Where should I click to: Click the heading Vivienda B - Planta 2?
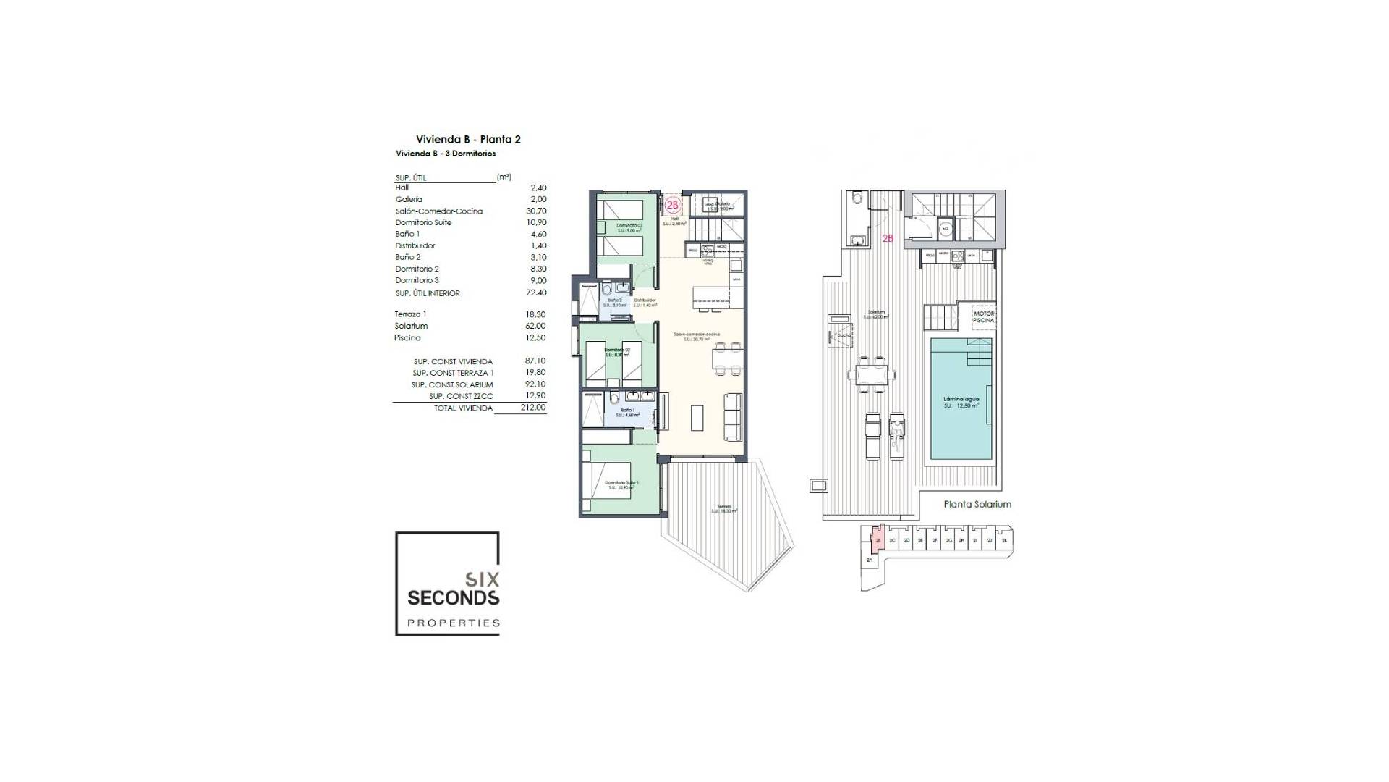point(468,139)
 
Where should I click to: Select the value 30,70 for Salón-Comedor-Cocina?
point(538,211)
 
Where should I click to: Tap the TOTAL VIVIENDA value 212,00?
point(533,408)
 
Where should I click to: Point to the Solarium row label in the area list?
point(411,326)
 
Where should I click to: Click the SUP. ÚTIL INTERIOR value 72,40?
point(538,293)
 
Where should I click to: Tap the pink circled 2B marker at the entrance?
point(673,205)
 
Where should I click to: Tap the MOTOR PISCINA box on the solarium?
point(983,317)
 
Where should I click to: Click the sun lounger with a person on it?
point(897,436)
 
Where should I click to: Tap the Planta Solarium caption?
point(977,504)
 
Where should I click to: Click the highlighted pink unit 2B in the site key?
point(878,540)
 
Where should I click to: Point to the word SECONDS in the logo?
point(453,598)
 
